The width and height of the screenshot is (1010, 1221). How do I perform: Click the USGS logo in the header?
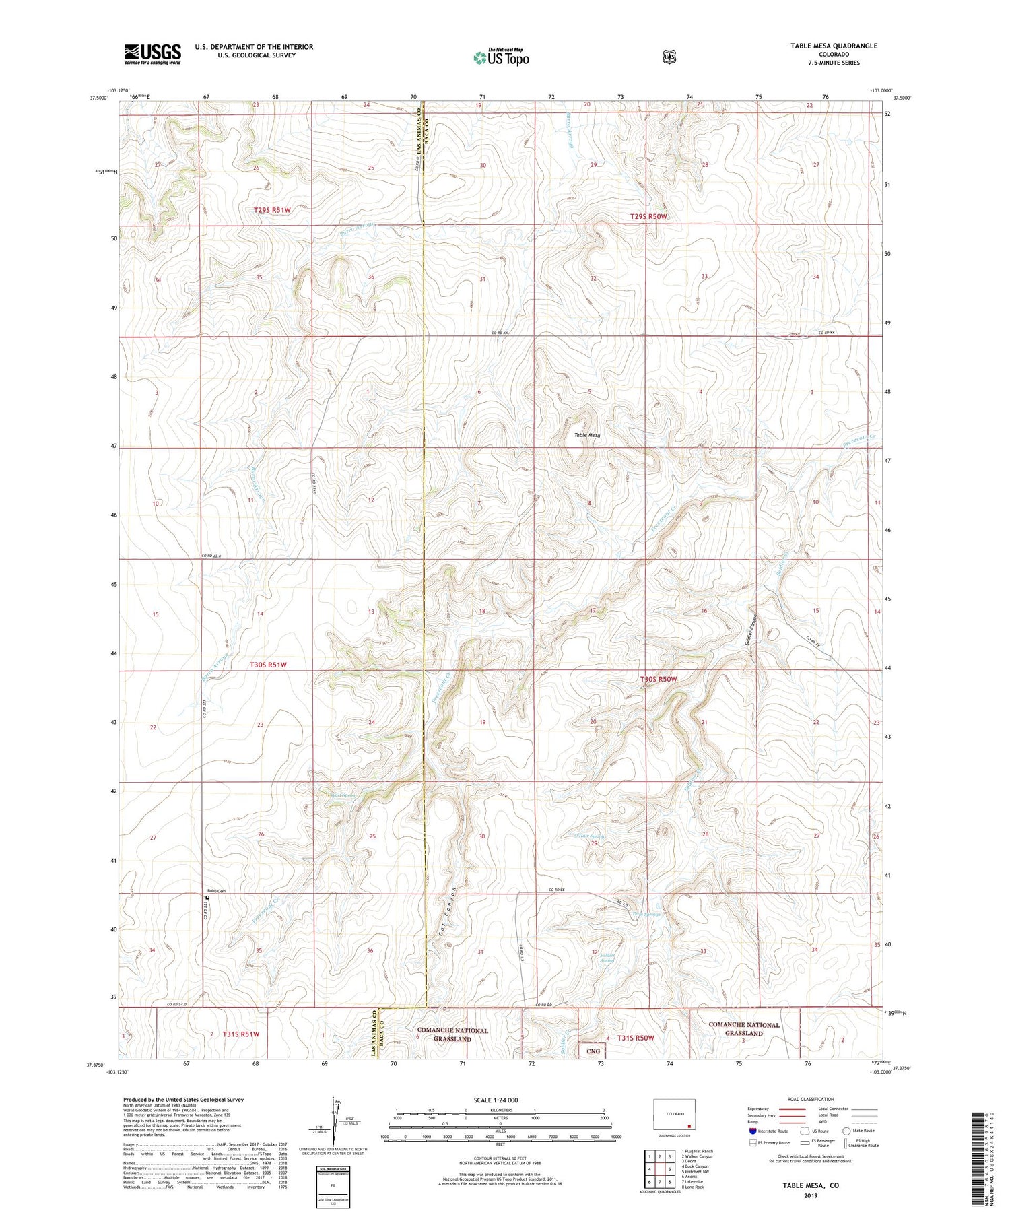point(152,54)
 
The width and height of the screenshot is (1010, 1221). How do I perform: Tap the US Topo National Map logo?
point(501,57)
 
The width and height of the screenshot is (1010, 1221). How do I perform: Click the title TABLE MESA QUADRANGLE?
point(834,46)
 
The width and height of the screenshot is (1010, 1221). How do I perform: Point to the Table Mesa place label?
point(586,435)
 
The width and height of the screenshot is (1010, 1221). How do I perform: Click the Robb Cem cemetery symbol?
point(207,897)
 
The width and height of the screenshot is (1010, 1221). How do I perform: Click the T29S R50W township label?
point(648,216)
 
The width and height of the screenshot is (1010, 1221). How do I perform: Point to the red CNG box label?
point(593,1051)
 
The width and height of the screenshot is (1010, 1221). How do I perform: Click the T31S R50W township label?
point(636,1038)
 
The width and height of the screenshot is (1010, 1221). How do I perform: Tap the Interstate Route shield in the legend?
point(752,1131)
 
